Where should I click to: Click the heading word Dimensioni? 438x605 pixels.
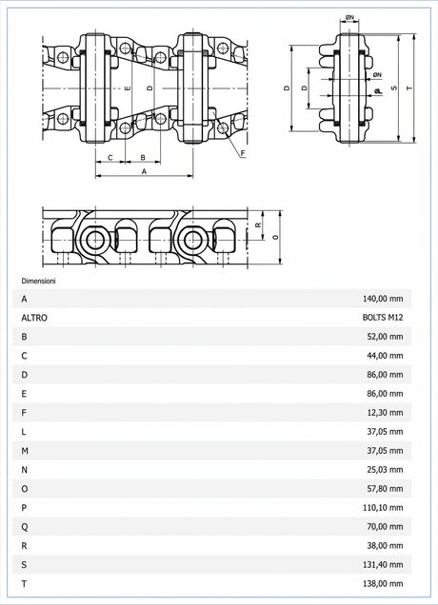point(38,281)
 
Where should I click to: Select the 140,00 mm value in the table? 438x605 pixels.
point(383,299)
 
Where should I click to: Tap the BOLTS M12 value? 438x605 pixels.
point(383,317)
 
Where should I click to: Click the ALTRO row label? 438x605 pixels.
point(34,318)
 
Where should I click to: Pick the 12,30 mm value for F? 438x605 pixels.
point(385,413)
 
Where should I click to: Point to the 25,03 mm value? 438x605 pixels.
point(385,470)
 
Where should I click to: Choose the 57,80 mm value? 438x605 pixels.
point(385,489)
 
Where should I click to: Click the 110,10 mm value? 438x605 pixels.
point(383,507)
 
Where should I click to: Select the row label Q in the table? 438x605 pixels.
point(25,527)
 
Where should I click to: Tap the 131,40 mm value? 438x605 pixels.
point(383,564)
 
